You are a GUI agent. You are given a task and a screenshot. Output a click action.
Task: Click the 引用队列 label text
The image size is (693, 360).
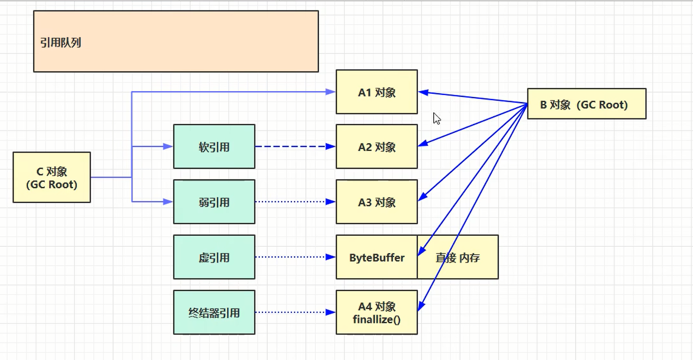click(61, 43)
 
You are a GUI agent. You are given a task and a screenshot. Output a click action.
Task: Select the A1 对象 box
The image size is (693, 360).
click(377, 92)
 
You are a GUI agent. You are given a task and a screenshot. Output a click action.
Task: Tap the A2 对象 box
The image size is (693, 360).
click(377, 147)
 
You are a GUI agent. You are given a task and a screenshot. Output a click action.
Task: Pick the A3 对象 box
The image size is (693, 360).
click(377, 202)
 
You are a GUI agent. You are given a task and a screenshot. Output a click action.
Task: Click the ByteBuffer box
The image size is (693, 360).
click(377, 257)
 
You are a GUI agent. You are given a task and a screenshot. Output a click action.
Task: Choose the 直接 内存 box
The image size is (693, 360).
click(458, 257)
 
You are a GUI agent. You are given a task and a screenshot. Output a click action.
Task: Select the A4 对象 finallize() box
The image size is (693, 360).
click(377, 312)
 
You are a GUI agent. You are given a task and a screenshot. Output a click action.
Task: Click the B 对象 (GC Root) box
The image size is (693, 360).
click(586, 104)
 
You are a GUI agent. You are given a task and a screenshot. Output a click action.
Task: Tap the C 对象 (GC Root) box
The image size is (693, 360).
click(51, 178)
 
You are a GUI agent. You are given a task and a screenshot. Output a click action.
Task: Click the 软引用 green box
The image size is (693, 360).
click(214, 147)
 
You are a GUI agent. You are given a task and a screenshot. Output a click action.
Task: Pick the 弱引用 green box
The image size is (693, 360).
click(214, 202)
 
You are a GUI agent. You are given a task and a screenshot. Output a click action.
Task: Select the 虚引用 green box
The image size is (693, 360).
click(214, 257)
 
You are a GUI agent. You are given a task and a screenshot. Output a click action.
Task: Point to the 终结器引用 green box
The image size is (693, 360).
click(214, 312)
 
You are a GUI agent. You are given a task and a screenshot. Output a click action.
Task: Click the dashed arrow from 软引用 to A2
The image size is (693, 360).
click(293, 147)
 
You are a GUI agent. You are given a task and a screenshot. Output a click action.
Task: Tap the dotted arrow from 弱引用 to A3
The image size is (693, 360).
click(293, 202)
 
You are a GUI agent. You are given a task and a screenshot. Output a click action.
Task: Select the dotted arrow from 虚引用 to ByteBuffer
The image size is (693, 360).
click(293, 257)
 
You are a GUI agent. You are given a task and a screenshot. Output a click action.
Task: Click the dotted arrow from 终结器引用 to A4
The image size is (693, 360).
click(293, 312)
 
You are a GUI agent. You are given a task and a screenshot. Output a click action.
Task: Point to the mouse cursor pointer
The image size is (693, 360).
click(436, 118)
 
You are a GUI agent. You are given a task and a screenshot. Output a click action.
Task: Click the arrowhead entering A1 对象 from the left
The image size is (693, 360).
click(331, 92)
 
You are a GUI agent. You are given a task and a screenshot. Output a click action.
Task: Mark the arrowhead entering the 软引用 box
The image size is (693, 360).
click(168, 147)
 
